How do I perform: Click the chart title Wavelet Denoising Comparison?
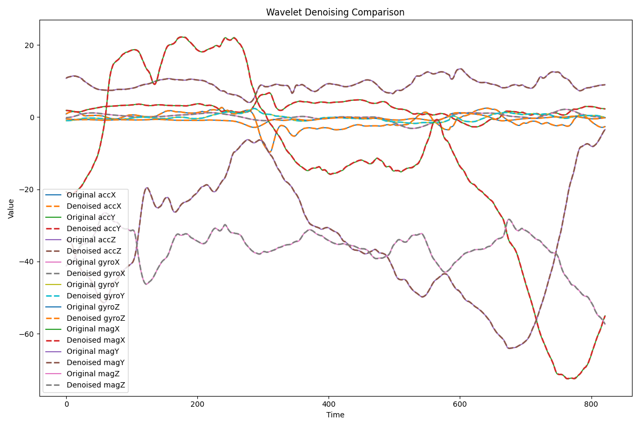coord(335,12)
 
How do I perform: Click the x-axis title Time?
coord(335,415)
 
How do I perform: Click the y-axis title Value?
coord(11,208)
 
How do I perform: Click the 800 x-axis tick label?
coord(591,405)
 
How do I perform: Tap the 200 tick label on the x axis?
coord(197,405)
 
